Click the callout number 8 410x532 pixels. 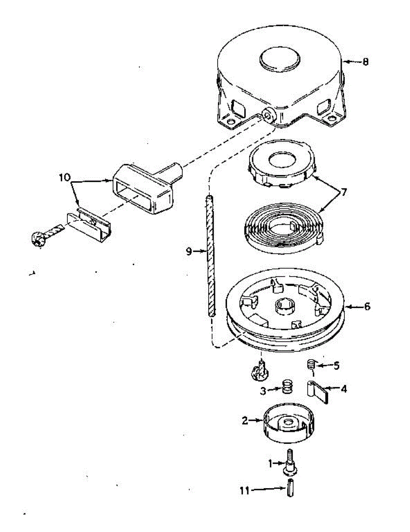365,62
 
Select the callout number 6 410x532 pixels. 367,306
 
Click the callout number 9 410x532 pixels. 188,251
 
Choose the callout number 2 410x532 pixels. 244,421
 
